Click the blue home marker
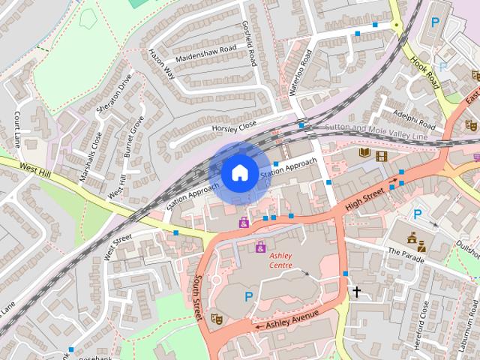coord(238,173)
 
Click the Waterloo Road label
coord(298,73)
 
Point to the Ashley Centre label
coord(281,260)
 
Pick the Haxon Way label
coord(160,64)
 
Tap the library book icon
coord(365,154)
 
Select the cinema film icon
coord(382,156)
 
